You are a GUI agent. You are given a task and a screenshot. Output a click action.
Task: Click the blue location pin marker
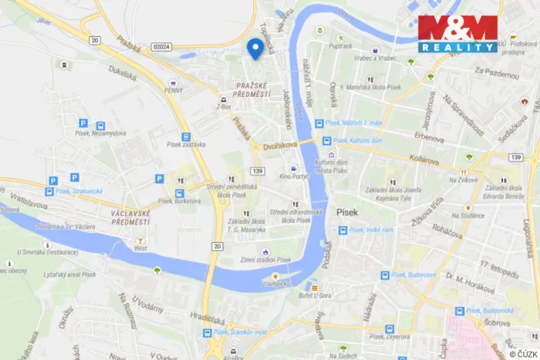pos(256,48)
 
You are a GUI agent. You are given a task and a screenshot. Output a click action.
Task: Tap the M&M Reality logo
pos(458,34)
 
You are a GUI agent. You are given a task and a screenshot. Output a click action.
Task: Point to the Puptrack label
pos(340,47)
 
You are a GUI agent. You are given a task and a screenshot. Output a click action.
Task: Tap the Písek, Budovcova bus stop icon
pos(385,275)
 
